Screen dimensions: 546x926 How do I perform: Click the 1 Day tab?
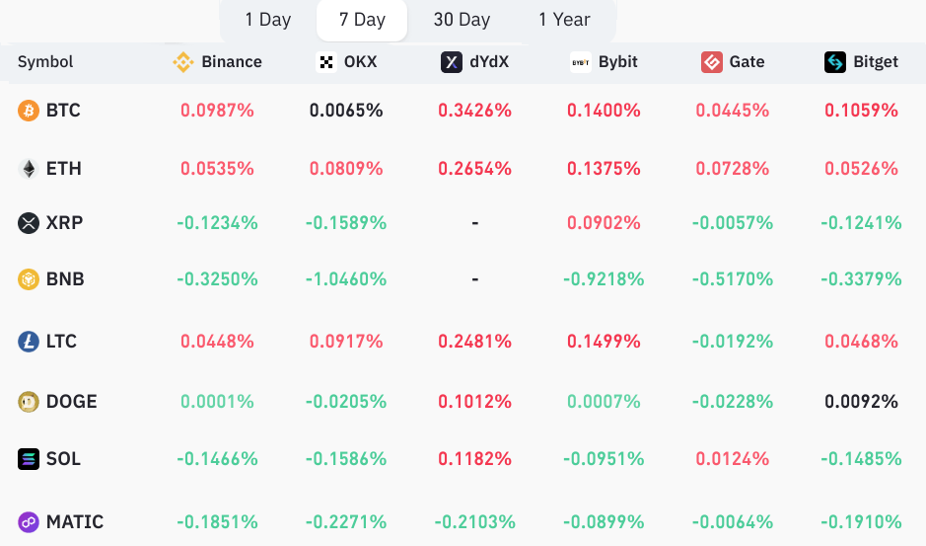click(x=268, y=20)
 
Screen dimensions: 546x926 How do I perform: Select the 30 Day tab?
click(x=462, y=20)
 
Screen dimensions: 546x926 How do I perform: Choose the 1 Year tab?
click(x=564, y=20)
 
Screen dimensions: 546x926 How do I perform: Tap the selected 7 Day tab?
click(x=362, y=20)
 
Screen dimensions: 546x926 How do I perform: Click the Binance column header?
click(x=218, y=62)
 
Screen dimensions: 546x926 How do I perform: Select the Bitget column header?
click(x=862, y=62)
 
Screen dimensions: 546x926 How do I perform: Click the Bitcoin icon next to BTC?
click(x=29, y=111)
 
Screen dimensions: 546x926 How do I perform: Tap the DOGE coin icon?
click(x=29, y=402)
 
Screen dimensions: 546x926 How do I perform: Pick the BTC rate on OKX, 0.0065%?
click(x=346, y=111)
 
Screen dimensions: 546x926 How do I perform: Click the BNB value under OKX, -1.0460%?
click(x=346, y=279)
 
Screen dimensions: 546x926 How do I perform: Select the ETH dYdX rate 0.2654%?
click(x=475, y=169)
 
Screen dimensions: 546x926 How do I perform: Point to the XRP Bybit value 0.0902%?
click(x=604, y=223)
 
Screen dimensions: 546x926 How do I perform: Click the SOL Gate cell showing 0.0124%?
click(x=733, y=459)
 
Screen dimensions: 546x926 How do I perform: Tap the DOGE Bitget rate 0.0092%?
click(x=862, y=402)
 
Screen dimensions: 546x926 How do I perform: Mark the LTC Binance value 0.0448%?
click(x=218, y=342)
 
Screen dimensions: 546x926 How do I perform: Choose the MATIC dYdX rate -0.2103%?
click(x=475, y=521)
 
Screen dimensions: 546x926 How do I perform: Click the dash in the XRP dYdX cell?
click(x=475, y=223)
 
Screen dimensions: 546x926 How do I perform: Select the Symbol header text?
click(x=45, y=62)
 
